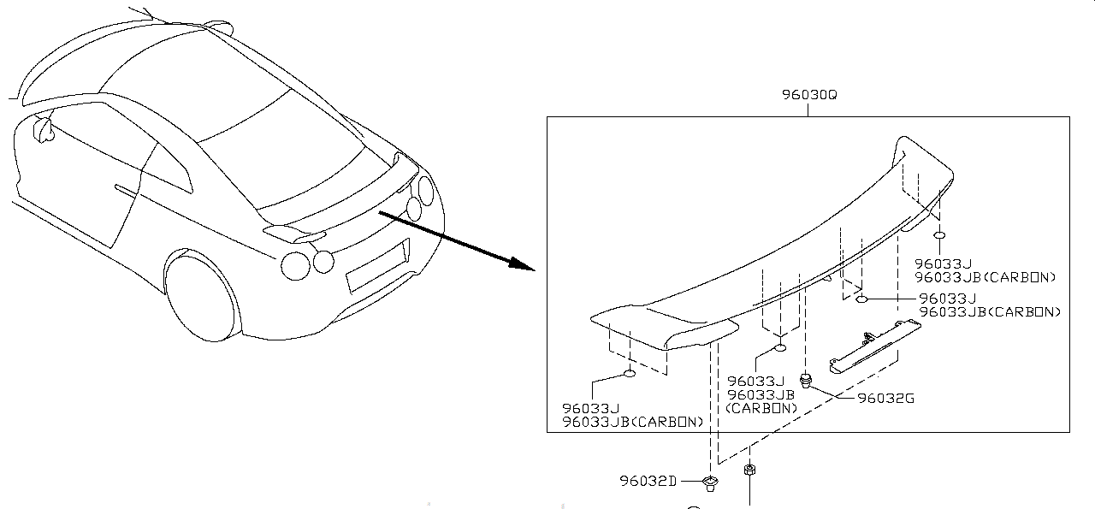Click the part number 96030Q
click(808, 95)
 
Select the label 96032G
click(885, 398)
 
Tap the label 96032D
click(648, 481)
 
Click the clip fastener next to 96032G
click(805, 379)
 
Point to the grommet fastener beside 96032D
click(709, 484)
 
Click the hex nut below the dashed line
click(749, 471)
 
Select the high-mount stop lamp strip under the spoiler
click(873, 346)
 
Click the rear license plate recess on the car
click(376, 267)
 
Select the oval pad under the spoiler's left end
click(629, 373)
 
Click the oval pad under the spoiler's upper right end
click(938, 234)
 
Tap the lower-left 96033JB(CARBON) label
click(633, 422)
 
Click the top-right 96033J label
click(943, 264)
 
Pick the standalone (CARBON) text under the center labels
click(761, 408)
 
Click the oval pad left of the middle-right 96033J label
click(863, 299)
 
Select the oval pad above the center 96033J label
click(780, 347)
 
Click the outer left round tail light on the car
click(296, 265)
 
